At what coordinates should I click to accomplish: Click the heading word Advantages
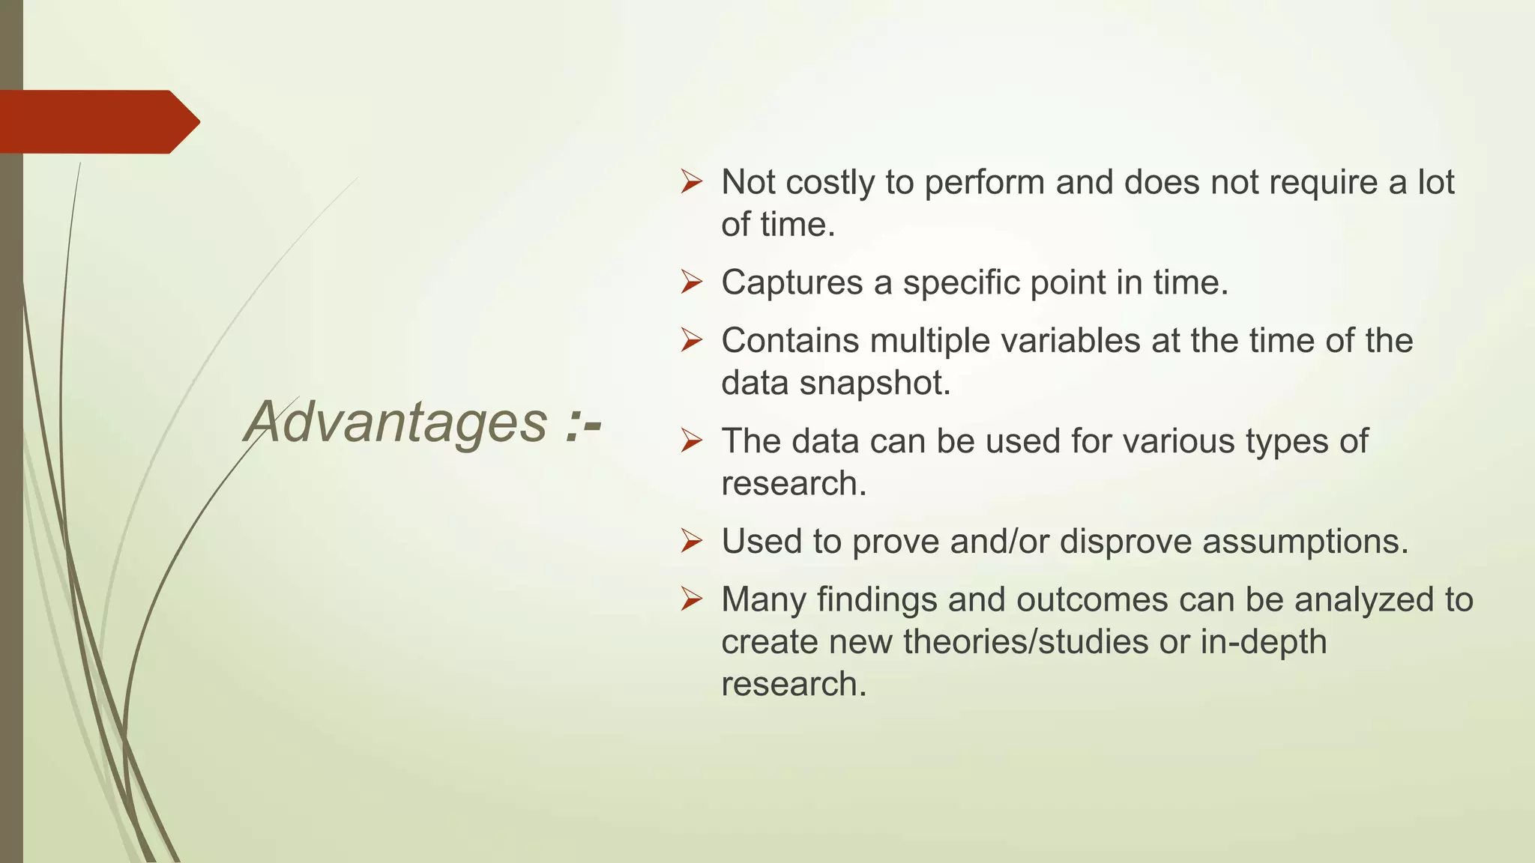[396, 423]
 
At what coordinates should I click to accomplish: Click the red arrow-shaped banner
[97, 122]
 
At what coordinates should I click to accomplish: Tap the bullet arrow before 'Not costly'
[691, 182]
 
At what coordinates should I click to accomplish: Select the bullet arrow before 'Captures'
[691, 282]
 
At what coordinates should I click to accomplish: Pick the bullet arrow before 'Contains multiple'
[691, 341]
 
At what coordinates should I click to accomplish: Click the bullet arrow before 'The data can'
[691, 441]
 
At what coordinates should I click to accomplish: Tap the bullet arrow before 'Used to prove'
[691, 541]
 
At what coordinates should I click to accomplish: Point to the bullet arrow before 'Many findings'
[691, 599]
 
